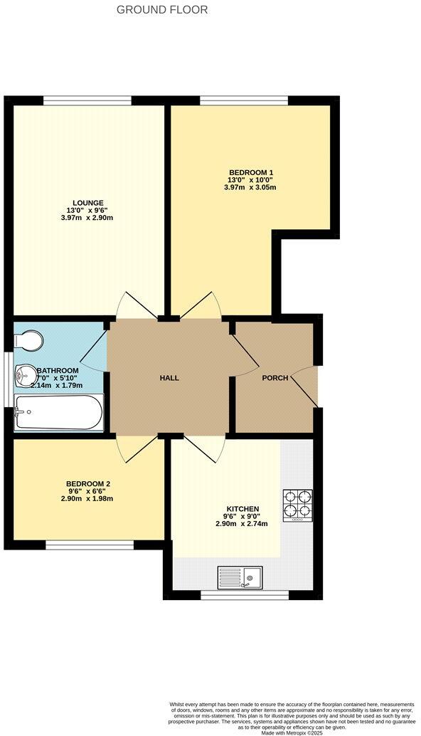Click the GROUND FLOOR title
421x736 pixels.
click(162, 10)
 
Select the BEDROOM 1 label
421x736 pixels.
click(251, 172)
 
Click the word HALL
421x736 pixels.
click(169, 377)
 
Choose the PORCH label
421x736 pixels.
click(275, 378)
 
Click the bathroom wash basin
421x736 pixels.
click(26, 372)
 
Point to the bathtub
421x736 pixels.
click(59, 413)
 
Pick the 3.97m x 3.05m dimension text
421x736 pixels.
click(251, 188)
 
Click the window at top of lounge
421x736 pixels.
click(87, 100)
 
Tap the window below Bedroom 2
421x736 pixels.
click(90, 546)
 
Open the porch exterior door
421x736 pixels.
click(307, 388)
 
